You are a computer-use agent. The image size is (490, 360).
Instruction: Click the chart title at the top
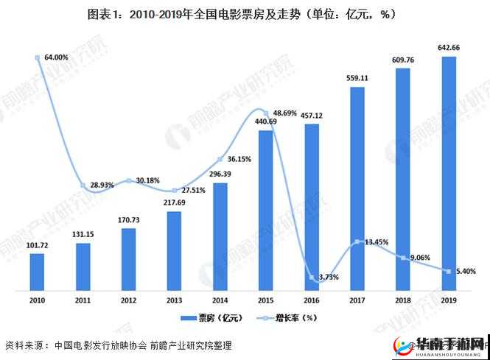[x=244, y=13]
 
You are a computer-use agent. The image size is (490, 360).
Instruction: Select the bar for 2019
[x=449, y=173]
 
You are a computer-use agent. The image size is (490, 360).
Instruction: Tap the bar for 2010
[x=38, y=272]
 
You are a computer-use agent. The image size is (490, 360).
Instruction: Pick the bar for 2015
[x=266, y=210]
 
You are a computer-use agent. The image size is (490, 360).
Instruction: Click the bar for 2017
[x=357, y=188]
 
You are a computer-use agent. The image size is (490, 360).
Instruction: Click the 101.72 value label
[x=37, y=246]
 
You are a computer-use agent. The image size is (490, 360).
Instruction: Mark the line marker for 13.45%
[x=357, y=241]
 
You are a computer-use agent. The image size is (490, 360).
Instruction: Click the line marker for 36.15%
[x=220, y=158]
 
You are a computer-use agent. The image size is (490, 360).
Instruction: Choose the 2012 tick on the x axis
[x=128, y=300]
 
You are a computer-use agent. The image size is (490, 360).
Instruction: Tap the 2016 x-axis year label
[x=312, y=300]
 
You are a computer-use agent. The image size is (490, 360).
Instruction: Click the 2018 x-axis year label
[x=403, y=300]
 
